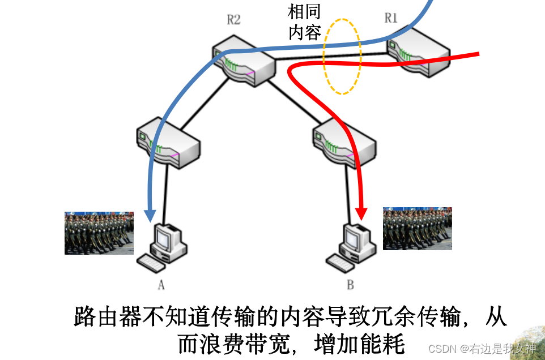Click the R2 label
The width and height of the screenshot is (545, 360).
tap(233, 20)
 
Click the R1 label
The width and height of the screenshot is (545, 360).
tap(391, 18)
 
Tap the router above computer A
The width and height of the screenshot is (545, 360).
tap(168, 142)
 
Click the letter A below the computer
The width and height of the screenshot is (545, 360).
tap(161, 285)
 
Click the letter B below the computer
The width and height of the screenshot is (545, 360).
tap(350, 285)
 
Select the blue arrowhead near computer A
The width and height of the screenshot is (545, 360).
tap(150, 215)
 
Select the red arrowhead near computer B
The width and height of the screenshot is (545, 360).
tap(361, 214)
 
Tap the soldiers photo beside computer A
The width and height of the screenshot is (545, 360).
tap(99, 233)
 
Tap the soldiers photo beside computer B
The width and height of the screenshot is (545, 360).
tap(418, 228)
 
